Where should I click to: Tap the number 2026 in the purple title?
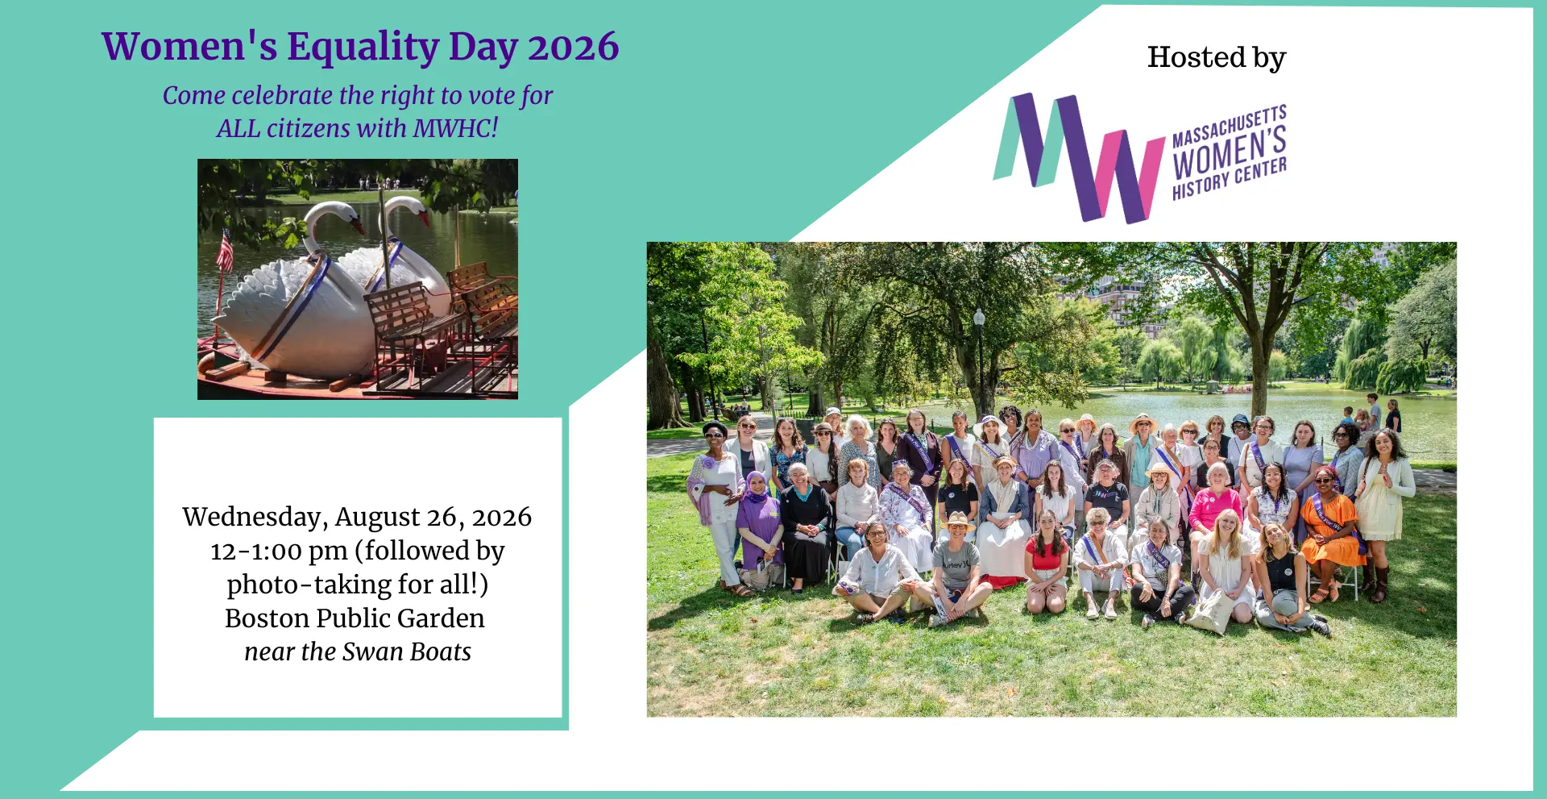click(573, 46)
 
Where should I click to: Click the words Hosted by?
click(1217, 58)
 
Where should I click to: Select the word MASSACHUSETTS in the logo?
click(1230, 126)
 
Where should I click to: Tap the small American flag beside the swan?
click(225, 251)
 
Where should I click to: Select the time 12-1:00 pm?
click(279, 551)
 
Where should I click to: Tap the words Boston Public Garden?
click(355, 618)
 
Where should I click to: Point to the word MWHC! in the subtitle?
click(455, 128)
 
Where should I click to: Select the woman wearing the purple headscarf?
click(759, 528)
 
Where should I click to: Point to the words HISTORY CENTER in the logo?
click(1230, 178)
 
